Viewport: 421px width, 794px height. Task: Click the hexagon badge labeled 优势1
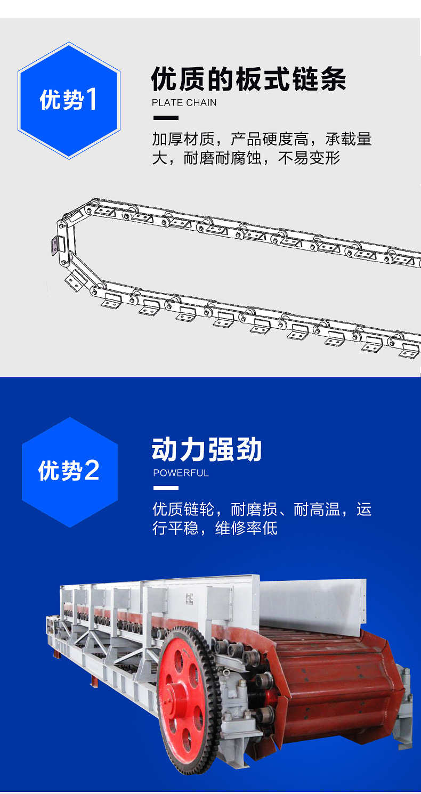[x=69, y=101]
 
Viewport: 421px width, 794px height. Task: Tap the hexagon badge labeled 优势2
[x=69, y=472]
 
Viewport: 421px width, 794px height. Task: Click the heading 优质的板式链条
[x=248, y=79]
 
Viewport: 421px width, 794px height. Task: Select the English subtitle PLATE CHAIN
[x=184, y=103]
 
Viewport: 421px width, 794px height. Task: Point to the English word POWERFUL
[x=181, y=473]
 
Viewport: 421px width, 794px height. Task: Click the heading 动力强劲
[x=207, y=449]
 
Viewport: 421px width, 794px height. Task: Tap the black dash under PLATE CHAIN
[x=166, y=118]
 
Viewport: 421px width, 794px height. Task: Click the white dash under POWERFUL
[x=166, y=488]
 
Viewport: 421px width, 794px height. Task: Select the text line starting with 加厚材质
[x=262, y=139]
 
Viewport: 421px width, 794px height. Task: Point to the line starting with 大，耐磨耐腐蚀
[x=246, y=158]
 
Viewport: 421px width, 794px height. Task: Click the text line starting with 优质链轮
[x=262, y=509]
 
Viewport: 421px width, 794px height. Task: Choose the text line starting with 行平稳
[x=215, y=528]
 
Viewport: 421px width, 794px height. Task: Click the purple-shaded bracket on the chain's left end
[x=54, y=246]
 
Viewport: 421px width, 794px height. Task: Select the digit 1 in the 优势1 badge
[x=91, y=100]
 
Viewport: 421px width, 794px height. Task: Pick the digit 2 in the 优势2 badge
[x=92, y=471]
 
